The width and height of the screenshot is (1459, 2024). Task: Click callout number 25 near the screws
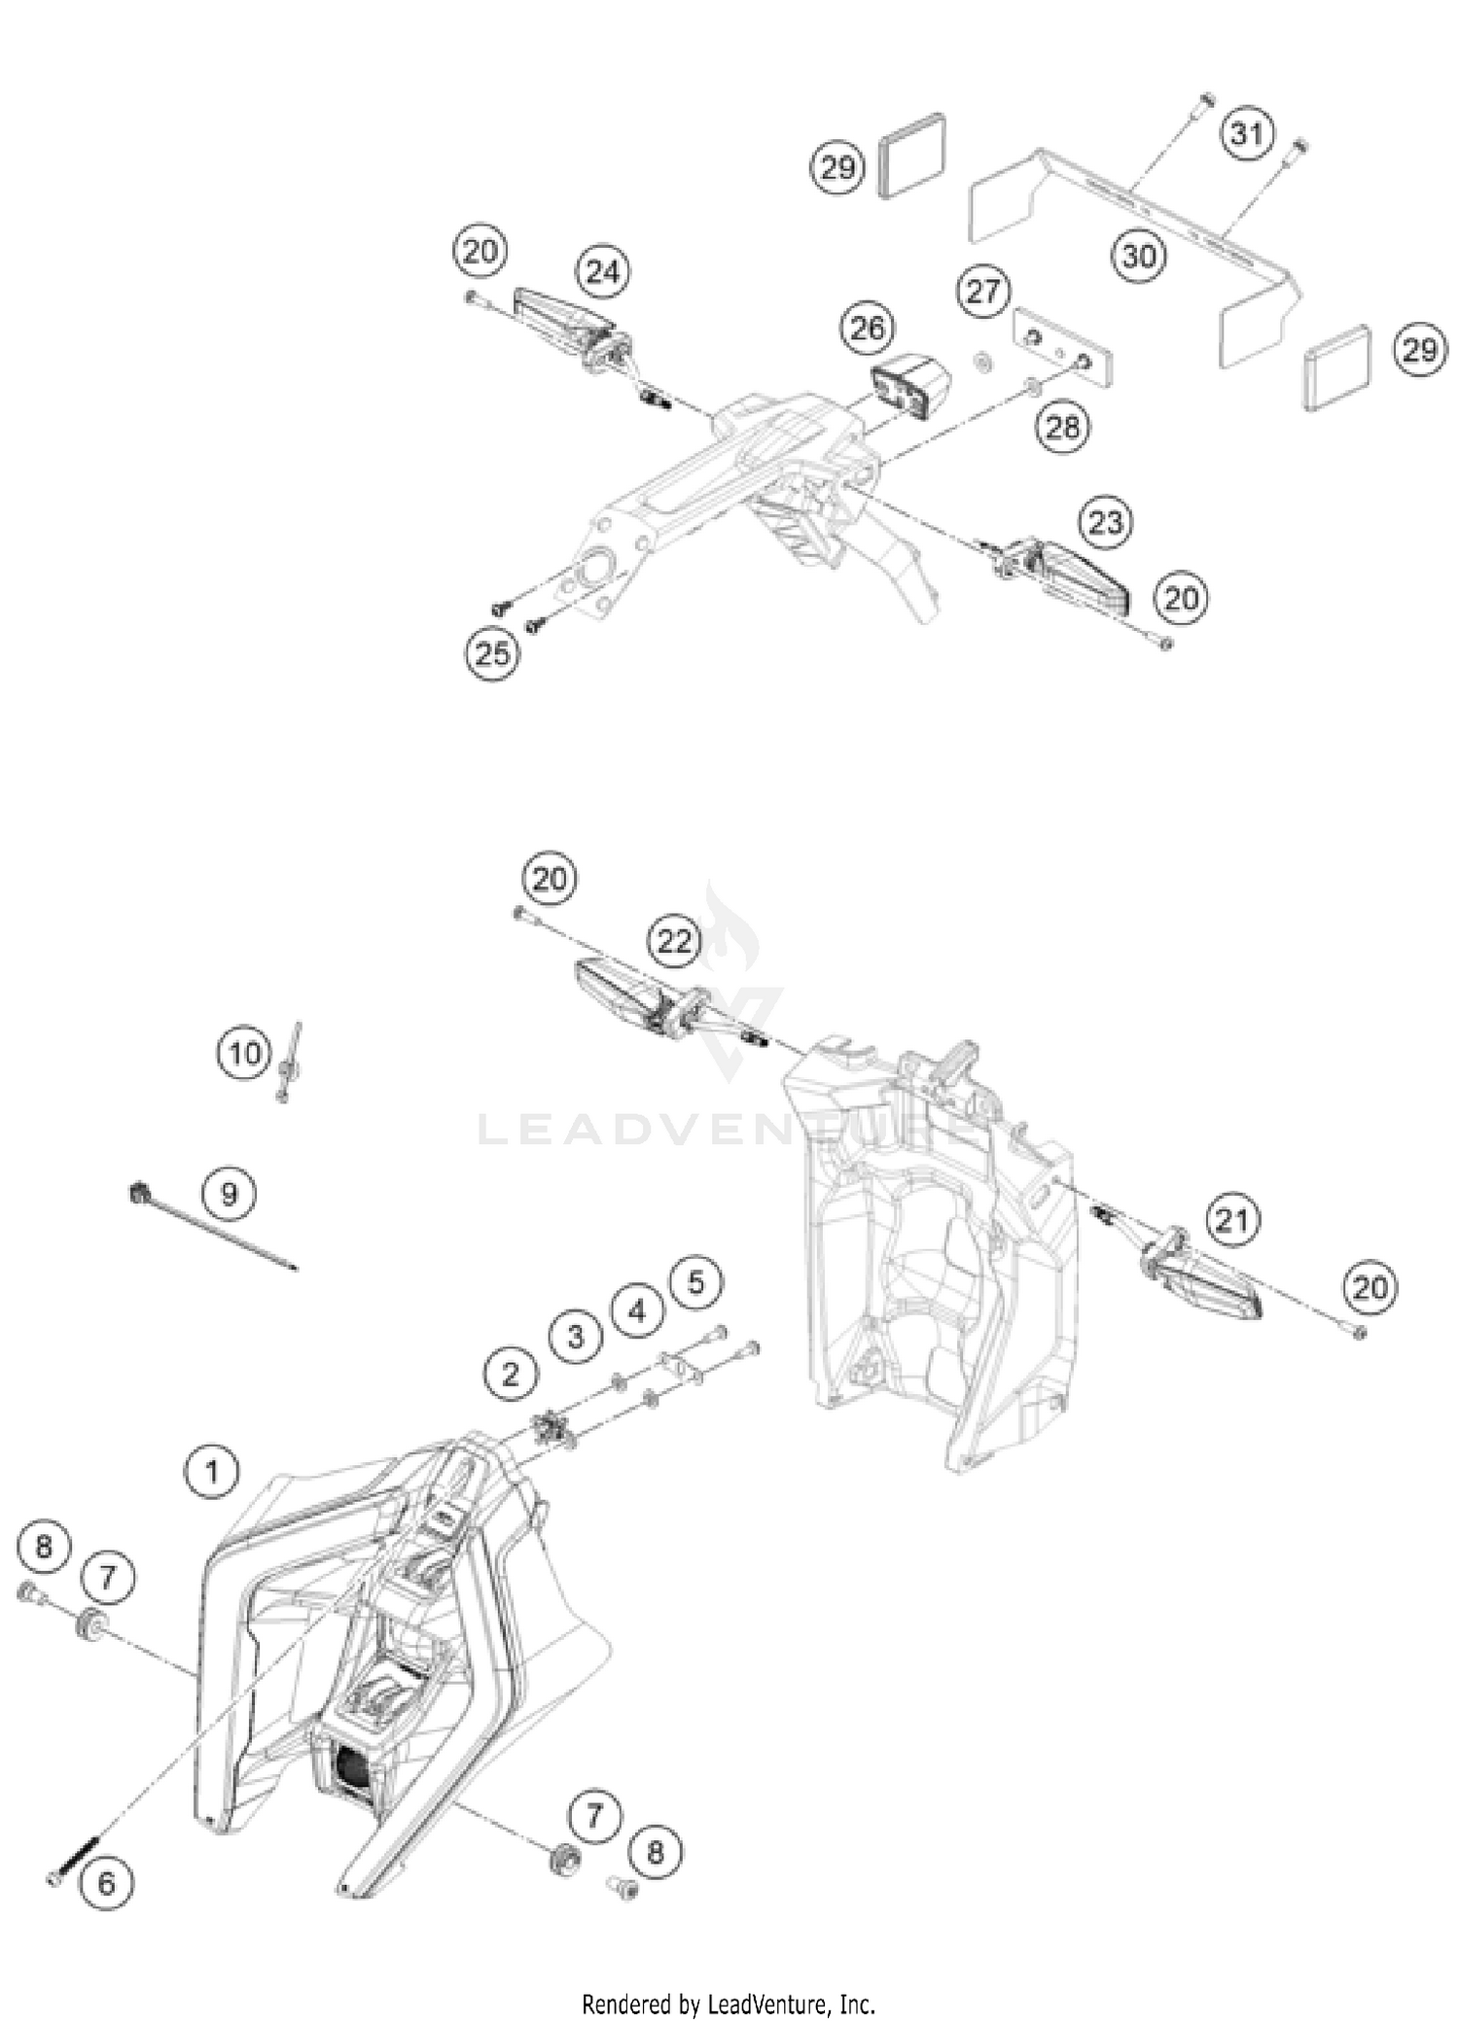[x=491, y=652]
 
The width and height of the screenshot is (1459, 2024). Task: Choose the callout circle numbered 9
[x=229, y=1193]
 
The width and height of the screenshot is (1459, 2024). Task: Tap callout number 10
[x=244, y=1054]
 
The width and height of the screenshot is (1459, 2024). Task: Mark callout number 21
[x=1232, y=1219]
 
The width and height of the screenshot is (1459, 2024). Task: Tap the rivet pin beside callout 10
[x=288, y=1062]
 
